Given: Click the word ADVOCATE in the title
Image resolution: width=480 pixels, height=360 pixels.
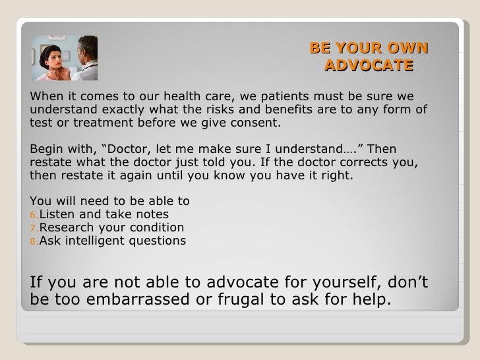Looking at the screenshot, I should click(369, 65).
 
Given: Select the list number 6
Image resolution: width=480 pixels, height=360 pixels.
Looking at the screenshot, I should click(34, 215).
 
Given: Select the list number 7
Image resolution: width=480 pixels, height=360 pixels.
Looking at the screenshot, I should click(34, 228).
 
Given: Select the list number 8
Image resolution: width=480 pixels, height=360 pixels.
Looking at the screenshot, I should click(34, 241).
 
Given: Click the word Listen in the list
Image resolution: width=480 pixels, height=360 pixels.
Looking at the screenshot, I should click(59, 214).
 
